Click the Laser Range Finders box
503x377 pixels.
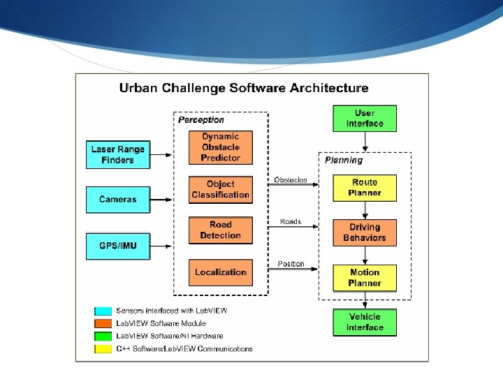[x=118, y=154]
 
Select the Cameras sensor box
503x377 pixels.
[x=118, y=199]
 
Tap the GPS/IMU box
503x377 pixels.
[x=118, y=246]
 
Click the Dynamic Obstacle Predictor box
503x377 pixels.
[x=220, y=147]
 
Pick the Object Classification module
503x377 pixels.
[x=220, y=189]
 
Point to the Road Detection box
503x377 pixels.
[x=220, y=230]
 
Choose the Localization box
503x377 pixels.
[x=220, y=272]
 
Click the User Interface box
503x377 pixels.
[x=365, y=118]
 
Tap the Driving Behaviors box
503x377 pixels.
[x=365, y=232]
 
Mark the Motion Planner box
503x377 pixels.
[x=365, y=277]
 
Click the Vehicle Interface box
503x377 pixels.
[x=365, y=322]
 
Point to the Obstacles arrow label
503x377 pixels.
[x=291, y=180]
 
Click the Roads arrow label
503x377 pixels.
[x=291, y=221]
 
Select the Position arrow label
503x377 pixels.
[x=291, y=264]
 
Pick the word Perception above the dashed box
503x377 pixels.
[x=201, y=120]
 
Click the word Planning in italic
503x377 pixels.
[x=344, y=160]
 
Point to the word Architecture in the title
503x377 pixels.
[x=325, y=88]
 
